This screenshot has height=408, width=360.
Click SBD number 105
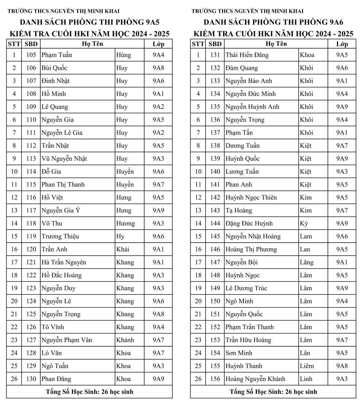point(31,55)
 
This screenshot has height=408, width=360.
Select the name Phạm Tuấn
point(57,55)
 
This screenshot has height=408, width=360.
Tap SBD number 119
point(31,236)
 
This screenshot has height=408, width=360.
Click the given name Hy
point(120,236)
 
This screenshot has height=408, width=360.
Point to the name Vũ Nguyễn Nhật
point(64,159)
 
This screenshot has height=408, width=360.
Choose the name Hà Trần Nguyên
point(64,262)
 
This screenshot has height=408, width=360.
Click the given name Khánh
point(125,340)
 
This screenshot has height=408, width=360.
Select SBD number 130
point(31,379)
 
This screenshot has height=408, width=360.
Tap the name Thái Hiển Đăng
point(247,55)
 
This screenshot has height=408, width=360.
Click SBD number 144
point(215,223)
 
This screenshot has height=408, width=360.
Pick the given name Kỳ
point(304,223)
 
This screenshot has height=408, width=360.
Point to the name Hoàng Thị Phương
point(251,249)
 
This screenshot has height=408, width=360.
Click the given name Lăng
point(307,262)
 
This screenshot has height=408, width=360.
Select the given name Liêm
point(307,366)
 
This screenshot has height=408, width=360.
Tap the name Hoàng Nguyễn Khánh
point(255,379)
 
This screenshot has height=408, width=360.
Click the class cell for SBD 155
point(342,366)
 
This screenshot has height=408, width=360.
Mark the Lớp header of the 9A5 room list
point(158,44)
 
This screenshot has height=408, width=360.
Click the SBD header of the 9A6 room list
point(215,44)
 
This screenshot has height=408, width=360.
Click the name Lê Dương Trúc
point(246,288)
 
